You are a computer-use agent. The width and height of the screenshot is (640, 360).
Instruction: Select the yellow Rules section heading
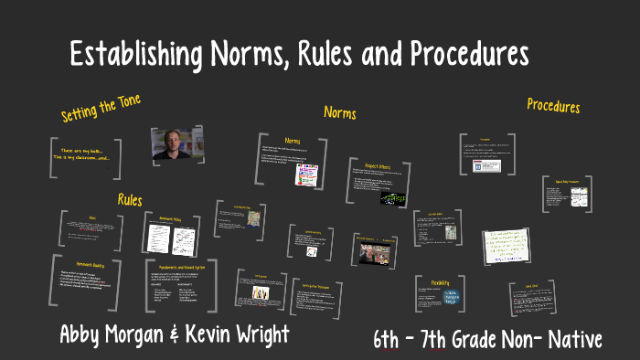(130, 199)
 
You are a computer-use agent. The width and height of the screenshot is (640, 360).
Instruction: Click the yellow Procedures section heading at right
(553, 106)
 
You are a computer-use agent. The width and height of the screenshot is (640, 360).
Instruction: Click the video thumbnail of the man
(177, 143)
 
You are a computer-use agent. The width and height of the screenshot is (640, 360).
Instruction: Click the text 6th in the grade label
(391, 340)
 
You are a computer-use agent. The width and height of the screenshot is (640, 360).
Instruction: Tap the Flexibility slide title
(432, 282)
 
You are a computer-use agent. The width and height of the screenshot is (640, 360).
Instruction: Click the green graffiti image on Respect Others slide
(395, 196)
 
